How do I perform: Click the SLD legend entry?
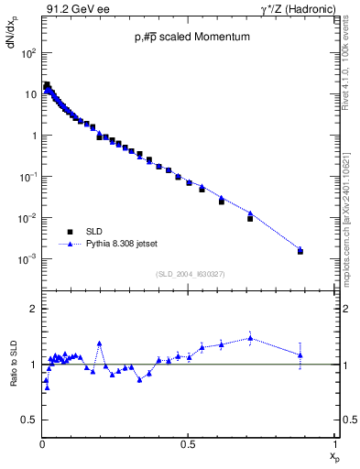[97, 233]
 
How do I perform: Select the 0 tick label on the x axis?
[42, 445]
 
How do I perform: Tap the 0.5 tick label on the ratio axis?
[27, 420]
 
